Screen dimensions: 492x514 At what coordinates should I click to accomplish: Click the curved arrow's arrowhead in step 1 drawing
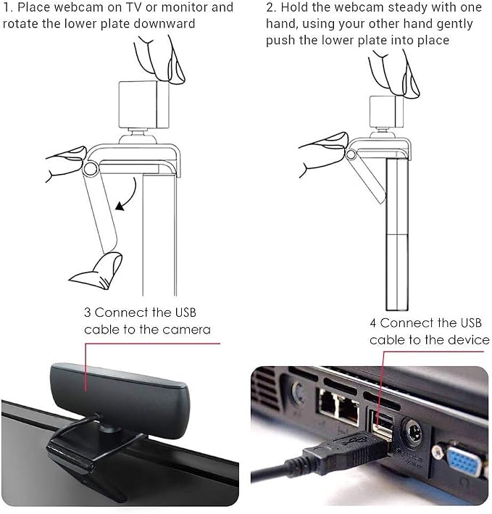pos(120,206)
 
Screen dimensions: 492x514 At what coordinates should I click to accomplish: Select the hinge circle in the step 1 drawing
pos(90,169)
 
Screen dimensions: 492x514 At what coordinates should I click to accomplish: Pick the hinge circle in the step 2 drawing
pos(351,154)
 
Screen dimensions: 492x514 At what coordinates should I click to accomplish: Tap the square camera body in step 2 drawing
pos(386,112)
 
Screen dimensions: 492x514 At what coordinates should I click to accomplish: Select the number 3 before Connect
pos(87,312)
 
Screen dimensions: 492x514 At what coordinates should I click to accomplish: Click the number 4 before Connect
pos(373,323)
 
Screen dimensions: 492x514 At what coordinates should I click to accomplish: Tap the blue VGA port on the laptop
pos(464,463)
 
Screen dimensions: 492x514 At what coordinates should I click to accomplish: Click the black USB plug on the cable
pos(348,449)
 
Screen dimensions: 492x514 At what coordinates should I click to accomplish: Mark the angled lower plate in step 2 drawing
pos(367,177)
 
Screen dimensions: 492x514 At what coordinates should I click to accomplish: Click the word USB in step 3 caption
pos(185,312)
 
